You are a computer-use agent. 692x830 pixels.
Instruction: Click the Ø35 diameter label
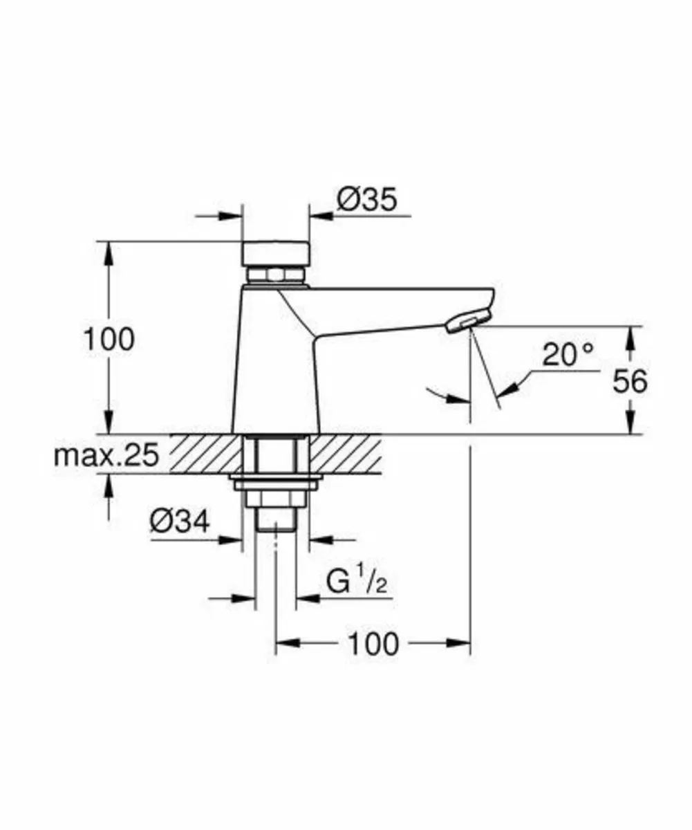coord(367,200)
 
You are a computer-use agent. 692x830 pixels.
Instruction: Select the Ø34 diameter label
coord(179,521)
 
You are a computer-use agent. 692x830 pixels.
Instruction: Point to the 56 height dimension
coord(630,381)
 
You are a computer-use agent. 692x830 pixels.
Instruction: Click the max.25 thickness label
coord(107,455)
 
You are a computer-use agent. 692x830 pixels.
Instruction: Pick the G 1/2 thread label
coord(356,584)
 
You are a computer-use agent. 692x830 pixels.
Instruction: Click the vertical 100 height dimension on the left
coord(108,340)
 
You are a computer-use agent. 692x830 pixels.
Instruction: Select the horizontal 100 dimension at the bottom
coord(373,644)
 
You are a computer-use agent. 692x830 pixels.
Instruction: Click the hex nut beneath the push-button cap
coord(275,275)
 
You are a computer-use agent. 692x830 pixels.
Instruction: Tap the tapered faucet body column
coord(275,373)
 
